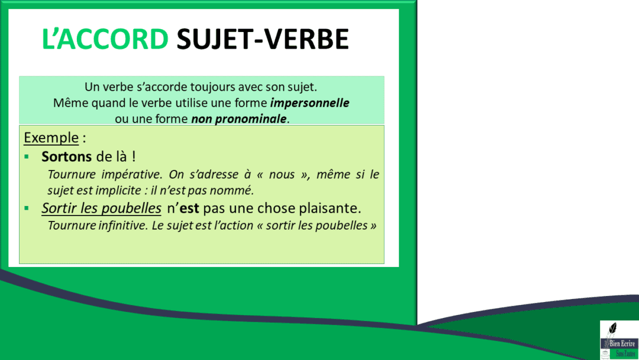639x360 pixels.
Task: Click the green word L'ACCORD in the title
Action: [105, 39]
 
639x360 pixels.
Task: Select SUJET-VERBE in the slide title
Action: [263, 39]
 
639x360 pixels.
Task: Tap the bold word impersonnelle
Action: [309, 103]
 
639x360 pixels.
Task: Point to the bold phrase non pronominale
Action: [238, 119]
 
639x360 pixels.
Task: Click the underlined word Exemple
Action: [51, 138]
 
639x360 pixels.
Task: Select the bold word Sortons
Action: [67, 157]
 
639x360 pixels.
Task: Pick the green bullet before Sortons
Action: [27, 157]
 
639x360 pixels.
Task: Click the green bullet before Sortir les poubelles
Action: [27, 209]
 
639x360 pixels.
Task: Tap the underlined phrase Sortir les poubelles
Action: [101, 208]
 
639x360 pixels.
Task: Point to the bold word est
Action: [189, 209]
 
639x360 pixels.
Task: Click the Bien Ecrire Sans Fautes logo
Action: [619, 340]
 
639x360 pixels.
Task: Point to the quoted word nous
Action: [282, 175]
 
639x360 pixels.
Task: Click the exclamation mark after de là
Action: [134, 157]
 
